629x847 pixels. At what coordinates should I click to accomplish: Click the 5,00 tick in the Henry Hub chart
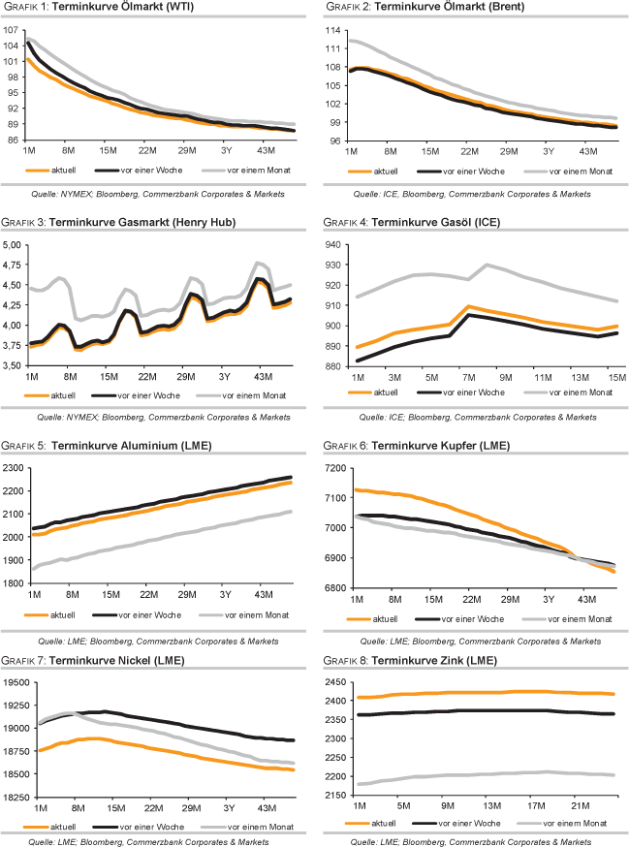tap(16, 245)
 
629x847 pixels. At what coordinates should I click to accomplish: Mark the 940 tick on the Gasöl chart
tap(334, 245)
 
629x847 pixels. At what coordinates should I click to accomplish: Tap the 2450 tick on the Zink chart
tap(332, 682)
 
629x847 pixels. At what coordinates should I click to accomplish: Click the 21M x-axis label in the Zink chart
tap(580, 807)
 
